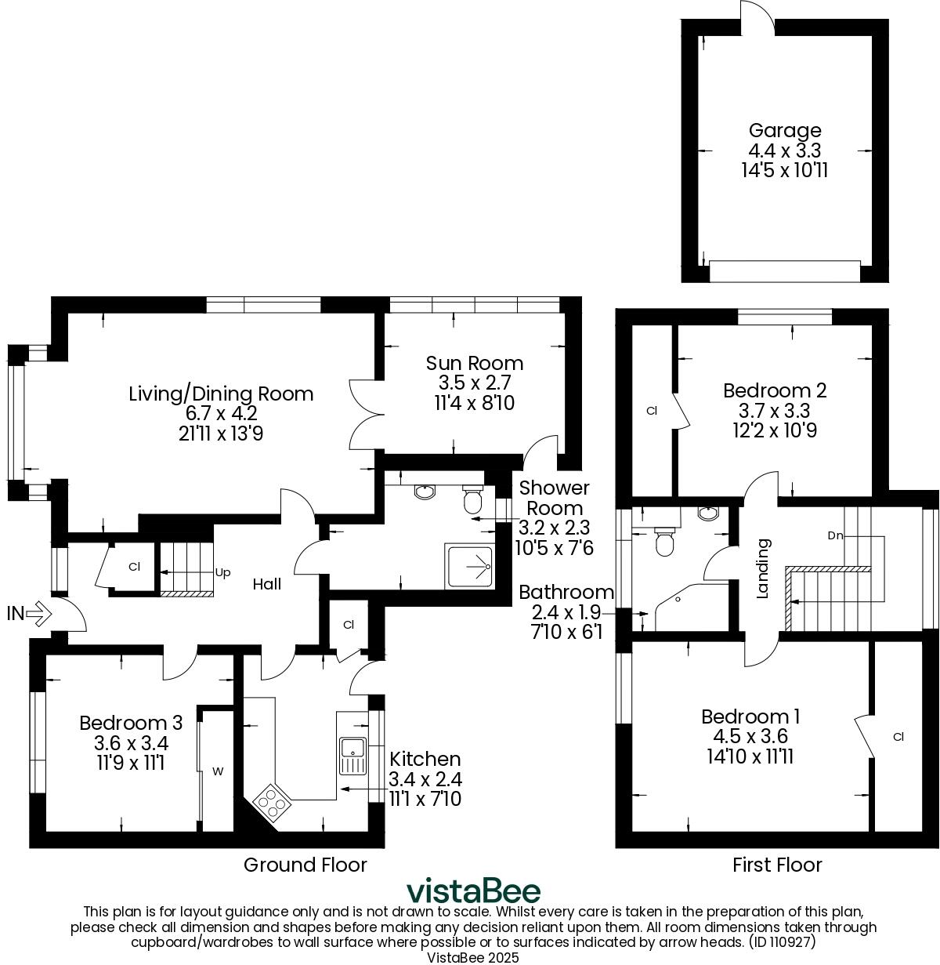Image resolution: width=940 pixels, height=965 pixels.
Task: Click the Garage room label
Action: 785,131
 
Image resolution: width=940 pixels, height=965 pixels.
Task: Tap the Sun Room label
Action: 474,363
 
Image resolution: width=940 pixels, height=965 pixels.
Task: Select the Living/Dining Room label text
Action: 221,394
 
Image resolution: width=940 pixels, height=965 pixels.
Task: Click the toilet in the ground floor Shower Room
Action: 473,499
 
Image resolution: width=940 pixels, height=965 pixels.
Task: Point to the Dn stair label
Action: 835,535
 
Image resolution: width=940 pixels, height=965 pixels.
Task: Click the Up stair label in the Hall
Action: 222,572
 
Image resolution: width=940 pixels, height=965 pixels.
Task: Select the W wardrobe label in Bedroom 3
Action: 218,771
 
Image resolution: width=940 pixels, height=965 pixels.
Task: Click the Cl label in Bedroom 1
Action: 898,737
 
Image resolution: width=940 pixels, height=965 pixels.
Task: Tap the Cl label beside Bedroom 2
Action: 651,410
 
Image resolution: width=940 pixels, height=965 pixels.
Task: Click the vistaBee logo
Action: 473,891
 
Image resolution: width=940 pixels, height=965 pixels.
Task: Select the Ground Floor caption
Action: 305,865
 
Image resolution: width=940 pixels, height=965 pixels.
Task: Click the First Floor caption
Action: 777,865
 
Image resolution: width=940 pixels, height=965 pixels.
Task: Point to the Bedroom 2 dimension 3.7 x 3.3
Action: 774,411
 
